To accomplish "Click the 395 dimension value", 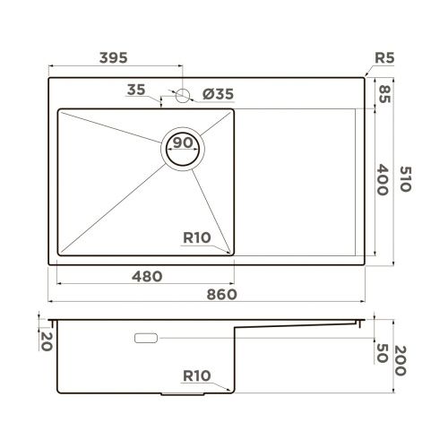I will tap(113, 56).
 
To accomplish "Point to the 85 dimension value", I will tap(386, 92).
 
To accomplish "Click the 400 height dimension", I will tap(384, 182).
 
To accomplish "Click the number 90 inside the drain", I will tap(184, 143).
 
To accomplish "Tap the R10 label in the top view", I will tap(196, 237).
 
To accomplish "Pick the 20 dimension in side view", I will tap(42, 338).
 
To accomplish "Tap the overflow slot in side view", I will tap(146, 339).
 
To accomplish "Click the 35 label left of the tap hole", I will tap(136, 90).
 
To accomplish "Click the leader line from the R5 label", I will tap(369, 71).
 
